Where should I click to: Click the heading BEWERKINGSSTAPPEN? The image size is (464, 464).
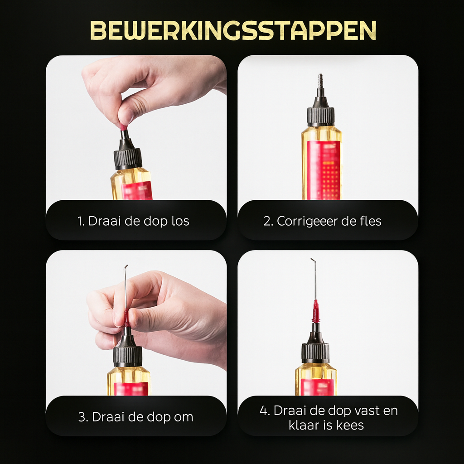coord(233,30)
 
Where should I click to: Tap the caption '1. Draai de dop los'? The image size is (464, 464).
coord(133,221)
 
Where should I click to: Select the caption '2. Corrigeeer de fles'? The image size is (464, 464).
coord(322,221)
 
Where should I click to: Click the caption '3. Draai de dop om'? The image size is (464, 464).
coord(136,417)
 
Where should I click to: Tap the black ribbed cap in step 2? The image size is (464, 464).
coord(320,116)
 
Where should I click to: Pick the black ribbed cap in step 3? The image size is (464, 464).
coord(128,356)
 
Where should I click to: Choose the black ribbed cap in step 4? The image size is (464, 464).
coord(315,353)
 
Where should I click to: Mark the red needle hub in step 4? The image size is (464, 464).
coord(316,311)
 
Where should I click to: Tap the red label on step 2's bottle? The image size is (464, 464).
coord(324,170)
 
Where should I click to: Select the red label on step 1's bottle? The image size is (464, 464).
coord(137,190)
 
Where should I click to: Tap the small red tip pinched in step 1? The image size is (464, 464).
coord(124,128)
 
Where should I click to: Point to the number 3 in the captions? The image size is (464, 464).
coord(82,417)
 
